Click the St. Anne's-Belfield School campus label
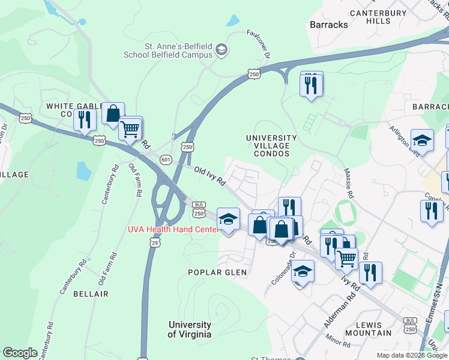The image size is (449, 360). pos(168,50)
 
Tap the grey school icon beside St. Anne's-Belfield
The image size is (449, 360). pos(221,49)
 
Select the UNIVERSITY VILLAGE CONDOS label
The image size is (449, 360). pos(271,146)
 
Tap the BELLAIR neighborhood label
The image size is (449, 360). pos(91,294)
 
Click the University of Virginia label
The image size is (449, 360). pos(189,329)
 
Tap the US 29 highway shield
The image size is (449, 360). pos(155,242)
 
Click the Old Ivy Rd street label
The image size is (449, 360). pos(209,176)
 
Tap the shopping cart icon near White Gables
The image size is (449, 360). pos(130,128)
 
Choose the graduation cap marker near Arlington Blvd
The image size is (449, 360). pos(422,140)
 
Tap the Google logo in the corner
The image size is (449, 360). pos(20,353)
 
